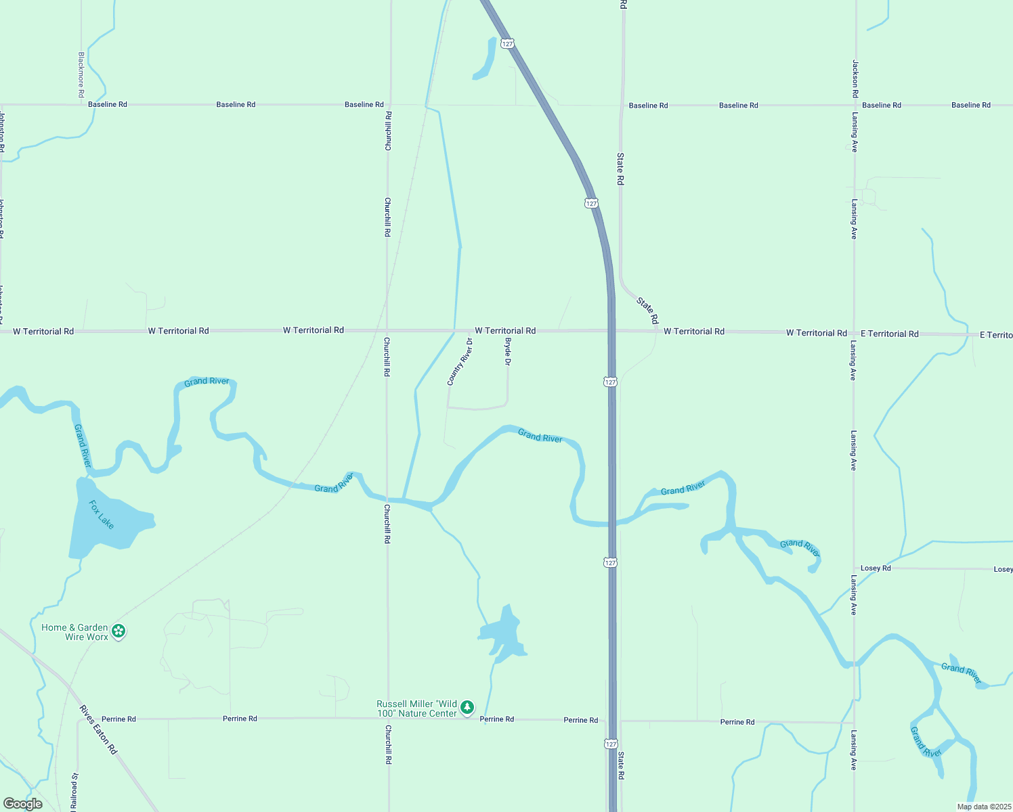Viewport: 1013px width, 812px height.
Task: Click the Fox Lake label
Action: coord(102,514)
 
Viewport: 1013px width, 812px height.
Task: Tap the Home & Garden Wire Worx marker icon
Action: coord(119,631)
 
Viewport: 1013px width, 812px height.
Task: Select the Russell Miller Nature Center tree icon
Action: coord(467,708)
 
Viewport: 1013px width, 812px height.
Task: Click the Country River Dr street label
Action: coord(460,362)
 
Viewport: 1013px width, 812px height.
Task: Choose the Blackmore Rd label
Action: coord(81,74)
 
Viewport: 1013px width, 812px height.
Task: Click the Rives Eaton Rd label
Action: coord(98,730)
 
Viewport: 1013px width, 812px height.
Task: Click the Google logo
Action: coord(23,804)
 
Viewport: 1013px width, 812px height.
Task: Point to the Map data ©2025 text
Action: coord(983,807)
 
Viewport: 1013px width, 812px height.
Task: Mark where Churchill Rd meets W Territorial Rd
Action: coord(387,331)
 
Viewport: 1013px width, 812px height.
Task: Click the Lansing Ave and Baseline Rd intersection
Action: coord(855,106)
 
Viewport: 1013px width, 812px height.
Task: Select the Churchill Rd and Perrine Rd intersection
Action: coord(388,718)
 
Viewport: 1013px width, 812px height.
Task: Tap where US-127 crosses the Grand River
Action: coord(612,523)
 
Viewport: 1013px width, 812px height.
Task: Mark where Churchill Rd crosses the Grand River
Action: coord(387,499)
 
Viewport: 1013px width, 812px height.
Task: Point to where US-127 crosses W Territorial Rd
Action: coord(611,331)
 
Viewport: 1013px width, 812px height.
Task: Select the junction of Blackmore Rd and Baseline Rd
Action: coord(81,105)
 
